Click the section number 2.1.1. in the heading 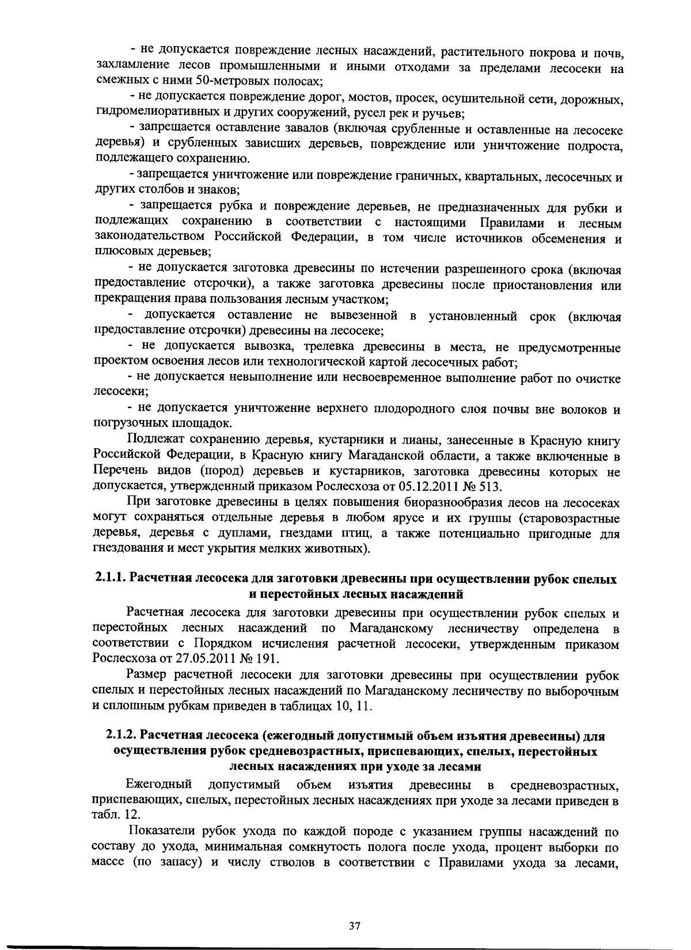click(111, 579)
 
